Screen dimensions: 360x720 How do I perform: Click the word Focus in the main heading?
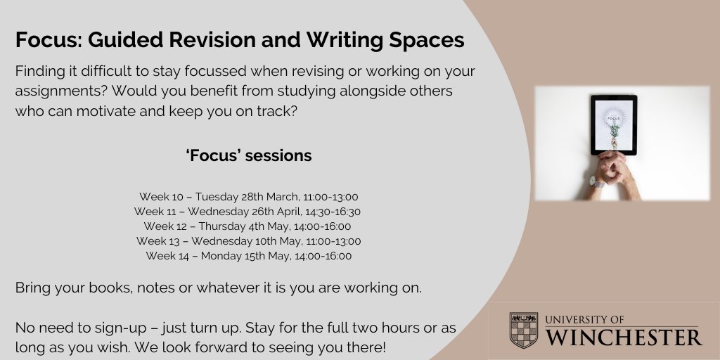click(45, 40)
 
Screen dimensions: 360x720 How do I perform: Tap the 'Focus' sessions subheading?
click(249, 155)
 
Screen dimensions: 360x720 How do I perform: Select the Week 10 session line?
click(249, 197)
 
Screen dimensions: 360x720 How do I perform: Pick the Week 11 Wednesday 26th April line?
click(249, 212)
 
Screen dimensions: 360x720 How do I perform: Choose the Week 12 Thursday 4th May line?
click(249, 226)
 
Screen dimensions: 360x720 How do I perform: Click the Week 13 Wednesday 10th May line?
click(249, 241)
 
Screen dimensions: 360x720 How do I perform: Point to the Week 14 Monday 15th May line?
click(249, 256)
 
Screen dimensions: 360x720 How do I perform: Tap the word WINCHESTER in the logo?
click(624, 337)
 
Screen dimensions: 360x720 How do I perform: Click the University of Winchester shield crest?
click(524, 330)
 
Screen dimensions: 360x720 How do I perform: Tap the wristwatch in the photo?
click(597, 182)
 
